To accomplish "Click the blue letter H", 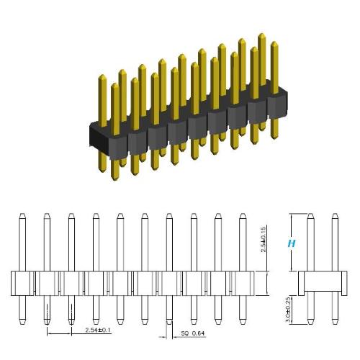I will (292, 243).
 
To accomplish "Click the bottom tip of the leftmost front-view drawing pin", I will (22, 321).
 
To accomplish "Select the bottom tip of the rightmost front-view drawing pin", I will (243, 321).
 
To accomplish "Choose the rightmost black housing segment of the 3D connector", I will (278, 105).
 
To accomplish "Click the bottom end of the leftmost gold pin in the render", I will (115, 178).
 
